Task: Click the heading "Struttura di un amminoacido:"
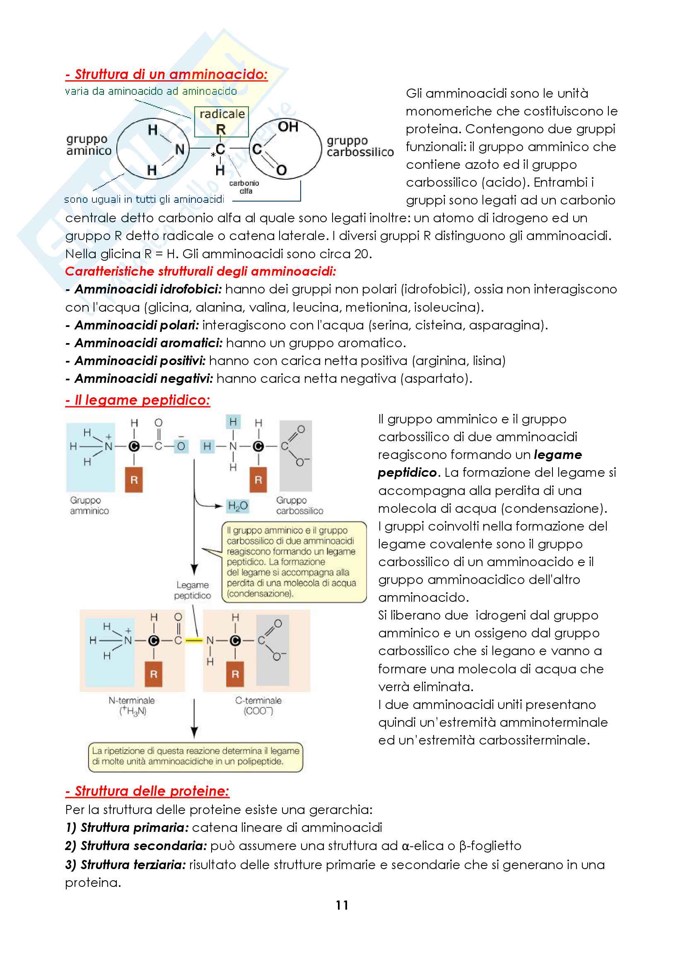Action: point(166,74)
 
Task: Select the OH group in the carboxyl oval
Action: point(288,127)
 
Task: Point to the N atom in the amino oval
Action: point(180,149)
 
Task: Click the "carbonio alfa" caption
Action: point(244,187)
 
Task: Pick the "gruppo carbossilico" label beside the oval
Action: point(360,146)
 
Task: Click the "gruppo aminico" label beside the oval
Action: point(89,144)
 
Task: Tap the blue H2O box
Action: point(237,505)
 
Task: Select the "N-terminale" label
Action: point(132,700)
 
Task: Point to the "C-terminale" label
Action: point(258,700)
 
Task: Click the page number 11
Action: point(342,905)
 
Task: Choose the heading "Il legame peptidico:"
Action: point(137,400)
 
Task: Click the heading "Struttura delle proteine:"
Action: point(147,791)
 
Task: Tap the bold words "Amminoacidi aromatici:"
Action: point(149,343)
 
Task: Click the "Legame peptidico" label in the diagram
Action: point(193,590)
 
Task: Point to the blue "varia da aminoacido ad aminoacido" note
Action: point(151,91)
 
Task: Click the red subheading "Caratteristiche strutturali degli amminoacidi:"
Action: point(200,271)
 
